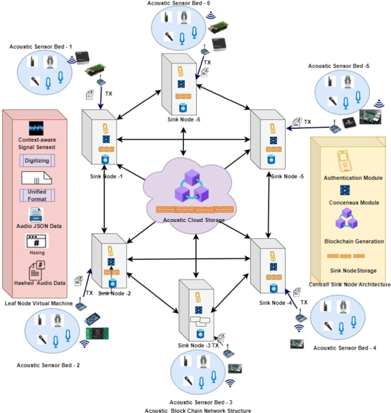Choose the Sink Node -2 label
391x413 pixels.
[x=115, y=293]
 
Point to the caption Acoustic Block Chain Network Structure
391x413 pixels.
[x=197, y=410]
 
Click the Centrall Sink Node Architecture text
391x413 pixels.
[x=349, y=284]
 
